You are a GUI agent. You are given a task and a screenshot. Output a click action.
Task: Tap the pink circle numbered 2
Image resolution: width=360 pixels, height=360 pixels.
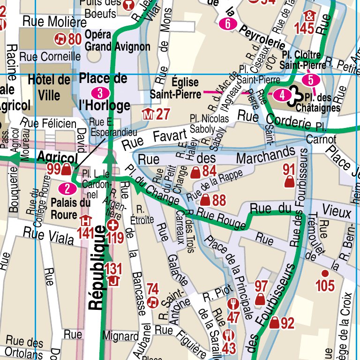(x=68, y=189)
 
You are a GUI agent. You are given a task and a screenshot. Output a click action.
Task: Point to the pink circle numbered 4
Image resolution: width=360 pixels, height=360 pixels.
(x=282, y=95)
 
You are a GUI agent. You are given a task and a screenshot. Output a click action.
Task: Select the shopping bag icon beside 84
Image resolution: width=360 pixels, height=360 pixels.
(x=195, y=173)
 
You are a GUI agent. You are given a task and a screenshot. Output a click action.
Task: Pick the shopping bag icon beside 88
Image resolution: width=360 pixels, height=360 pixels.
(x=205, y=201)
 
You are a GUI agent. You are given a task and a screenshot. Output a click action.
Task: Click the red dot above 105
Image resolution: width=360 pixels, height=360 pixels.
(x=324, y=273)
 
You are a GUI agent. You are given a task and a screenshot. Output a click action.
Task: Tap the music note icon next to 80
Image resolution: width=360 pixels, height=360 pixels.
(x=60, y=39)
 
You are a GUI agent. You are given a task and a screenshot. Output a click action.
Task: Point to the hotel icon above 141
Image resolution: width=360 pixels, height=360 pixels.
(x=85, y=220)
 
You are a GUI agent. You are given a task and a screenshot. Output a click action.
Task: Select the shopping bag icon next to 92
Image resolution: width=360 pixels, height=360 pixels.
(x=275, y=322)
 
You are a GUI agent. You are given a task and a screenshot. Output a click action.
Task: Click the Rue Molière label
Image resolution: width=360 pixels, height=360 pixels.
(x=54, y=22)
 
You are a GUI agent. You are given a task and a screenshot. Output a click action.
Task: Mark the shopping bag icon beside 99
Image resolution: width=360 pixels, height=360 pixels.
(x=66, y=169)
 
